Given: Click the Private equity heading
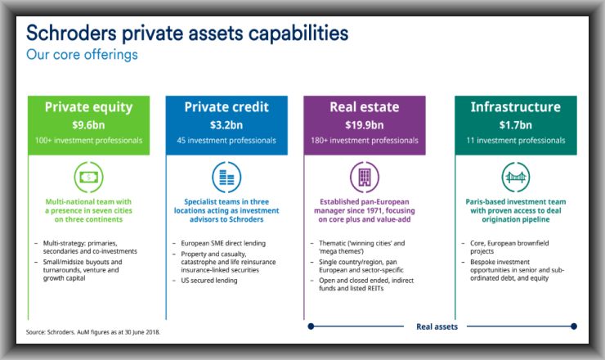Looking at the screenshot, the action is point(88,107).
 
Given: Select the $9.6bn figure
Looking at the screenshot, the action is point(88,125).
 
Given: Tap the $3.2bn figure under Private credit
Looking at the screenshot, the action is point(226,125).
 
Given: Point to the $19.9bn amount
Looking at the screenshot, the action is point(365,125).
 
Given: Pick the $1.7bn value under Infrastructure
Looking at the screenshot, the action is point(516,125).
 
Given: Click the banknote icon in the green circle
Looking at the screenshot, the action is point(89,178).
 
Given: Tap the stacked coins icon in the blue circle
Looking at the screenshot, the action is point(226,178).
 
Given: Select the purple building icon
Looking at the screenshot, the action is point(365,178).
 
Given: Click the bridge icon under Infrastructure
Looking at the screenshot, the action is point(516,178).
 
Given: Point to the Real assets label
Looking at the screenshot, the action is point(437,326).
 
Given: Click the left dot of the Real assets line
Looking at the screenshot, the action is point(311,326).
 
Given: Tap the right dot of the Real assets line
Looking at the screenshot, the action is point(574,326).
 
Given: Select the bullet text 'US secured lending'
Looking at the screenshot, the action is point(209,281).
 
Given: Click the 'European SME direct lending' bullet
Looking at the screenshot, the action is point(223,243).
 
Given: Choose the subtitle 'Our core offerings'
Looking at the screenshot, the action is point(82,55).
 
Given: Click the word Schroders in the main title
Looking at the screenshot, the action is point(71,33).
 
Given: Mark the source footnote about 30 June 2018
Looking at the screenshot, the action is point(93,332).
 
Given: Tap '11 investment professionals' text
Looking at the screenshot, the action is point(516,141).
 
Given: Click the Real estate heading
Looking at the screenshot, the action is point(365,107).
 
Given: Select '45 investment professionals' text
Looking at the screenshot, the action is point(226,141).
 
